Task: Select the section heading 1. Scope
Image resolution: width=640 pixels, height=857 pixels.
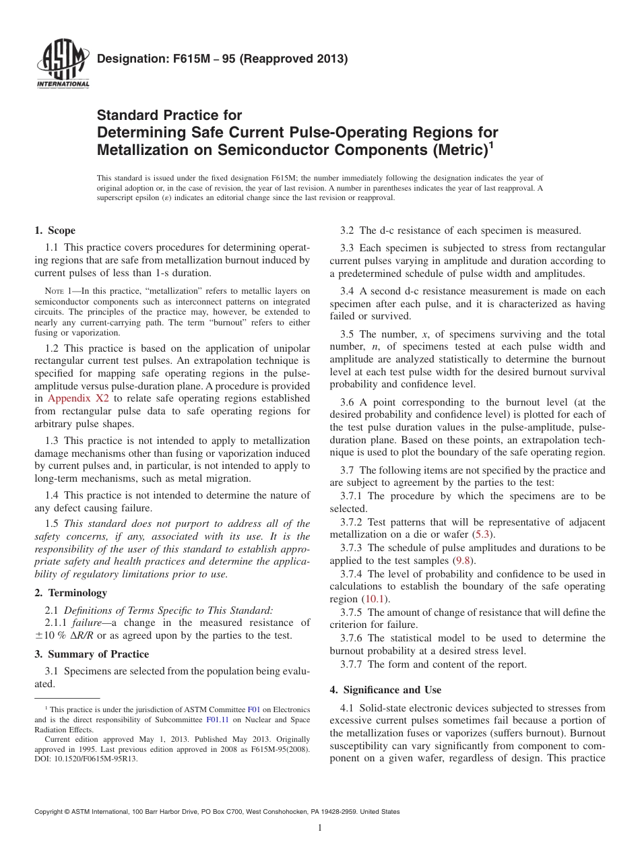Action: [55, 230]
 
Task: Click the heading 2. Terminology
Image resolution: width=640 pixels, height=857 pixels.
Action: [70, 593]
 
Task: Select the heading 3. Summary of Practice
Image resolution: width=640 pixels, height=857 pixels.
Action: [92, 654]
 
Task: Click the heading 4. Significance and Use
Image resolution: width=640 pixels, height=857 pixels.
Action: [385, 690]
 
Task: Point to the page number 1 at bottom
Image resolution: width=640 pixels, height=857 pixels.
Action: [320, 828]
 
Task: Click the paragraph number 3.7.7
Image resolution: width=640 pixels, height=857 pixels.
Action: [353, 664]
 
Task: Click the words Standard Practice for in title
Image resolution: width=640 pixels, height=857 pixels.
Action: [169, 115]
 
